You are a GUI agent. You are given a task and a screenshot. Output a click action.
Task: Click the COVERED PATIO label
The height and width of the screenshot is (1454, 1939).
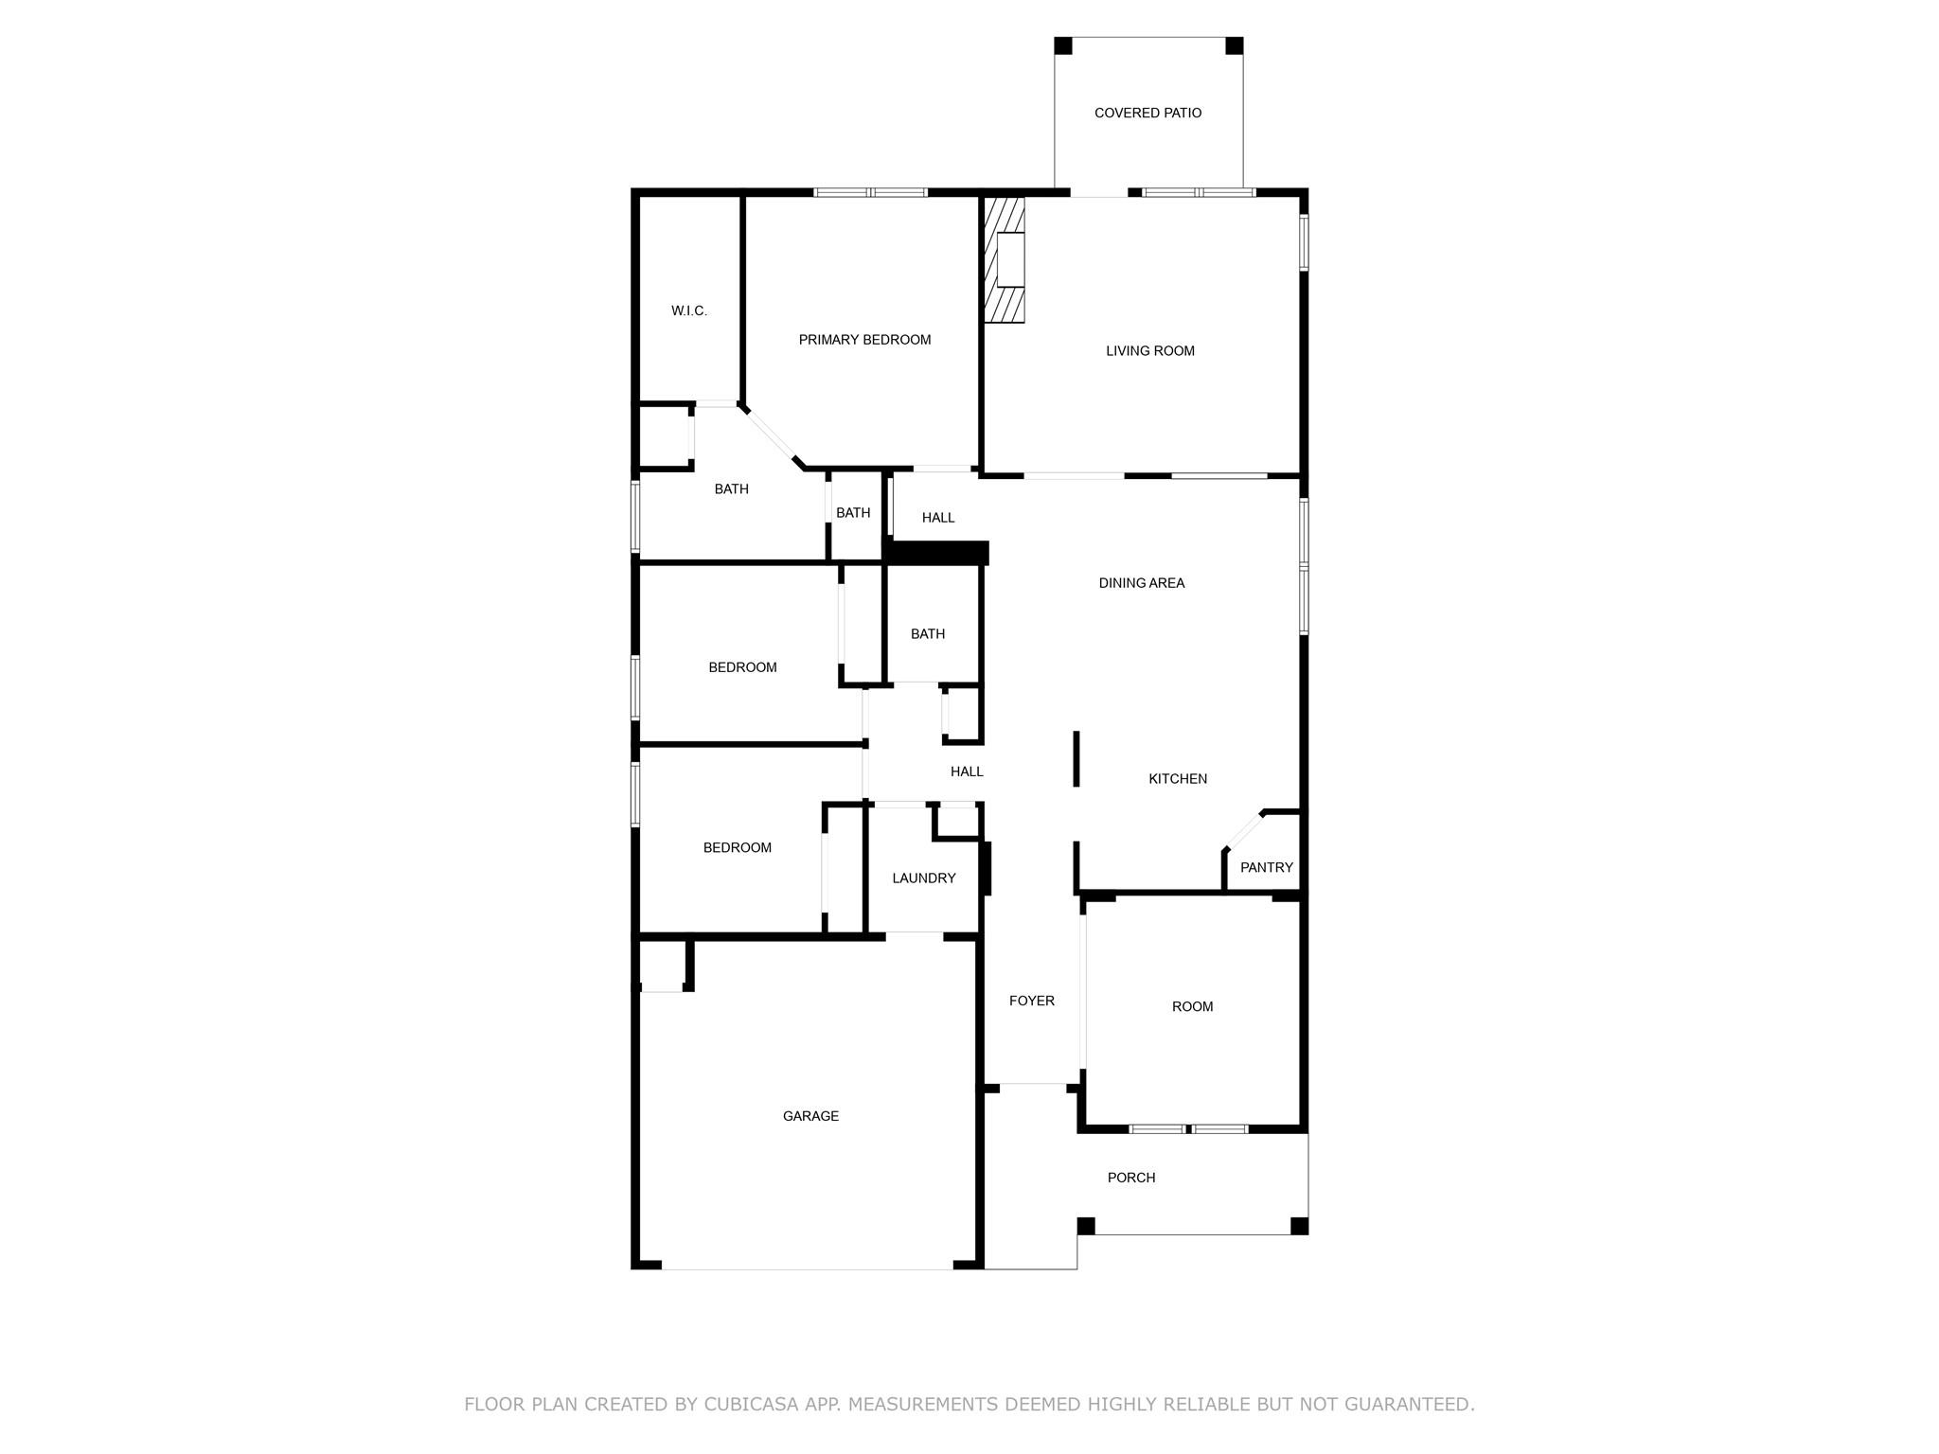[1147, 113]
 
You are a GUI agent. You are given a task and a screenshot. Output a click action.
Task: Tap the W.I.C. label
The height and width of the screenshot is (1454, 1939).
[688, 310]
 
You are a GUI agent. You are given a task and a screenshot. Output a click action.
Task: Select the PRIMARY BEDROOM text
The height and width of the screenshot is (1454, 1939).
[864, 340]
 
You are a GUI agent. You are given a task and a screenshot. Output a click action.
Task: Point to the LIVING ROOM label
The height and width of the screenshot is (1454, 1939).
[1149, 351]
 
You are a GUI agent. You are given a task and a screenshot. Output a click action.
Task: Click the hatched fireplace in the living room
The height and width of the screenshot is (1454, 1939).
[1005, 259]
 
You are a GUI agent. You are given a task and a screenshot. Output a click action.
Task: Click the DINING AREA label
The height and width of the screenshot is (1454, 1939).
[1141, 583]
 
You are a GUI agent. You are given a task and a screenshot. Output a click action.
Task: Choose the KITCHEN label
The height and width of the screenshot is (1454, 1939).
[1177, 779]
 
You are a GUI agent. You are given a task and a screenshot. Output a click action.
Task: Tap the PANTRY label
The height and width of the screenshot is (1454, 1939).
[1266, 867]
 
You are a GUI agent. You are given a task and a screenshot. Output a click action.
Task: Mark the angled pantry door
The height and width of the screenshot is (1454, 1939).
[1243, 831]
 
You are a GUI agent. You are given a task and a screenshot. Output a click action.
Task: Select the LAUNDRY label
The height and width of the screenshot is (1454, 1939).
[923, 878]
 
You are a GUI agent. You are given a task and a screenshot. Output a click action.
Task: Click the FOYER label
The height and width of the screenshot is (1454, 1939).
[1031, 1001]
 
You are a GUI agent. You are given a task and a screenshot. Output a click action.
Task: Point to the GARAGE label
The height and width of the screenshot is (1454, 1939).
[810, 1116]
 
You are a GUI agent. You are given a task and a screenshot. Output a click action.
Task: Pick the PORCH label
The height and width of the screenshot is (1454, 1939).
[1130, 1178]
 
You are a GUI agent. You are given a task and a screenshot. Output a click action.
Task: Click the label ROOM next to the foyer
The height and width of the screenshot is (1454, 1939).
[1192, 1006]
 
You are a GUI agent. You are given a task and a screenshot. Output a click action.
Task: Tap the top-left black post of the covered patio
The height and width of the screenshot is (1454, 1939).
[1063, 45]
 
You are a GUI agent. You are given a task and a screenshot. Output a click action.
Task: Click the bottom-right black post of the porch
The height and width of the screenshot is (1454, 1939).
[1299, 1226]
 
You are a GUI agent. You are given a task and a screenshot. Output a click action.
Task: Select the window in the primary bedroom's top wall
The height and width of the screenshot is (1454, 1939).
[870, 192]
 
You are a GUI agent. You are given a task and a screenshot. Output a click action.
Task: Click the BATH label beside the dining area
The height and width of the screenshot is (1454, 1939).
[927, 634]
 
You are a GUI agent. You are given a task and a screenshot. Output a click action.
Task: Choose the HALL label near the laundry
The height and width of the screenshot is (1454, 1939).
[967, 771]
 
